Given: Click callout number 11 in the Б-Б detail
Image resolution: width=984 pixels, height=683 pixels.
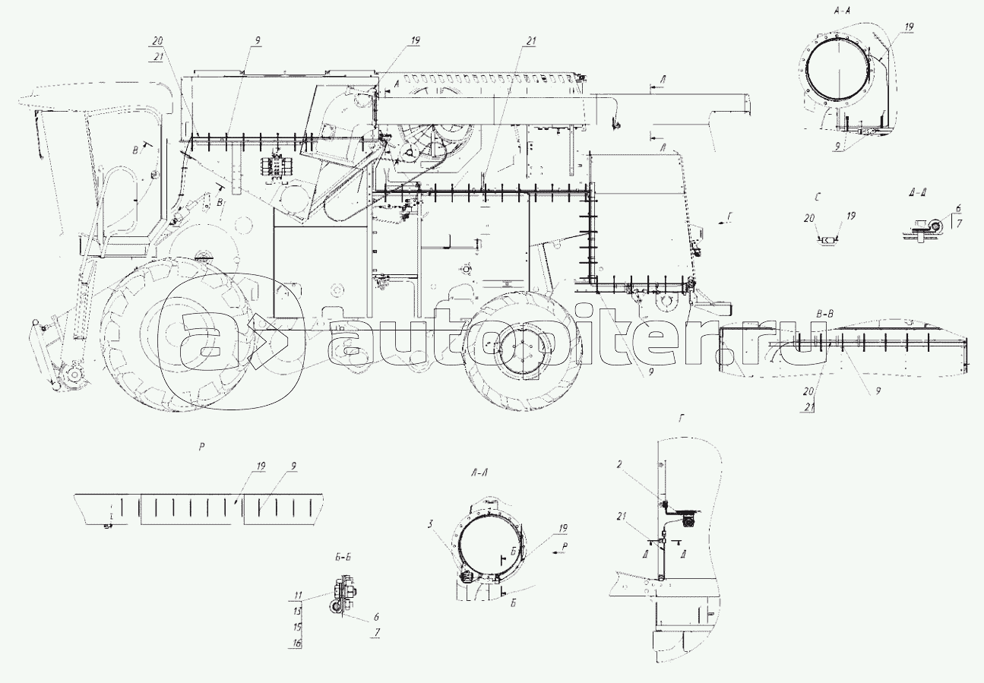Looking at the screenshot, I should click(x=298, y=594).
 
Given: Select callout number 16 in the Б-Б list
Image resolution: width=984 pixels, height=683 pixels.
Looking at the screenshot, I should click(x=298, y=643).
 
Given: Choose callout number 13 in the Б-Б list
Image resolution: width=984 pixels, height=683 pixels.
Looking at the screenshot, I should click(x=298, y=611).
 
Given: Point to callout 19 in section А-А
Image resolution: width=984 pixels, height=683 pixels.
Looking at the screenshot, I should click(x=910, y=27).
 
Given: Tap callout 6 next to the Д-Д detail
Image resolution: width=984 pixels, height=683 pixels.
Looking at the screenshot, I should click(x=958, y=207).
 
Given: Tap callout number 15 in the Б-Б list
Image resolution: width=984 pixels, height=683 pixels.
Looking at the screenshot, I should click(x=298, y=627).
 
